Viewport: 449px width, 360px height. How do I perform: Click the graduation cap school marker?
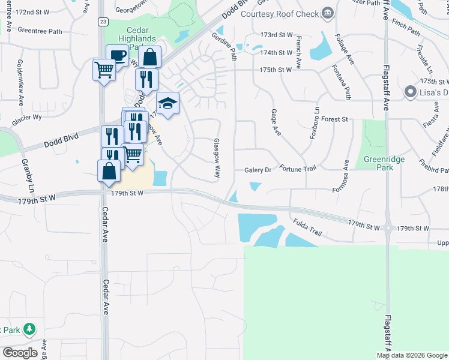point(168,103)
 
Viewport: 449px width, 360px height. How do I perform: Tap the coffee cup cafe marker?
point(117,56)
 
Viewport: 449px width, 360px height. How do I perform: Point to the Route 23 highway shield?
point(103,22)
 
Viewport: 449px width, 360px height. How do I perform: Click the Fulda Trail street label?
point(308,223)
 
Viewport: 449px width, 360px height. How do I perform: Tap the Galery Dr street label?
point(259,170)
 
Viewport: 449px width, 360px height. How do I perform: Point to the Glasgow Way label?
point(217,158)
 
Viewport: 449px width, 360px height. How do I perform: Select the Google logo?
point(20,352)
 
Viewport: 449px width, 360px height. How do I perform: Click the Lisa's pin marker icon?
point(411,92)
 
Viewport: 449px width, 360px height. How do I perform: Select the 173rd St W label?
point(276,36)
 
